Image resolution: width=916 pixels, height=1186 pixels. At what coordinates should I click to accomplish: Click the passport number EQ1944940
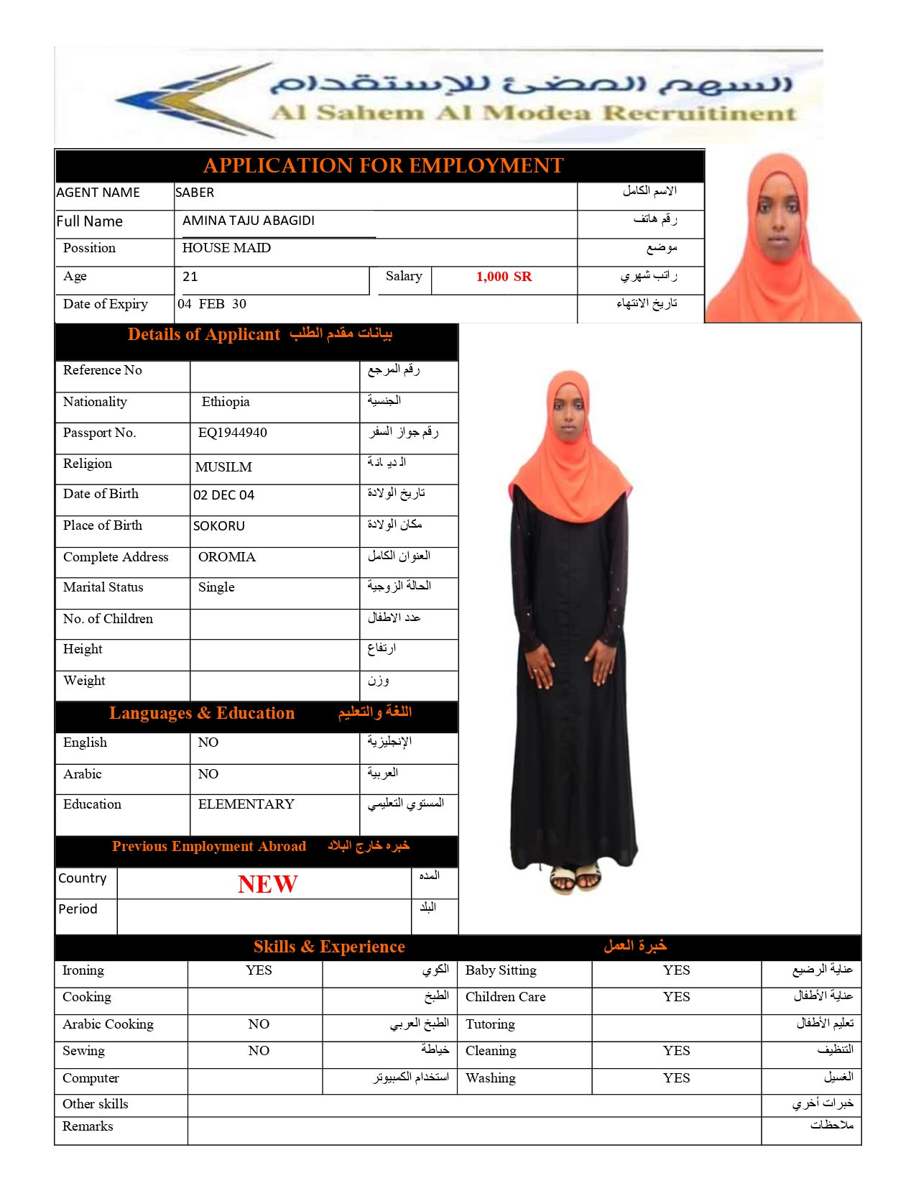click(x=232, y=433)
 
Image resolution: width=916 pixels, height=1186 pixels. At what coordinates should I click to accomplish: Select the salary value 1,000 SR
click(x=504, y=277)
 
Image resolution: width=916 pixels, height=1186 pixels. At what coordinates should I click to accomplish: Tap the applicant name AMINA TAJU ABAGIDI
click(x=248, y=221)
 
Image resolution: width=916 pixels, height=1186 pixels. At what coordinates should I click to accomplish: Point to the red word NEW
click(x=267, y=884)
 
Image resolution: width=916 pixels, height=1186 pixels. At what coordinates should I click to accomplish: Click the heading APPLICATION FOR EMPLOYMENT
click(x=383, y=166)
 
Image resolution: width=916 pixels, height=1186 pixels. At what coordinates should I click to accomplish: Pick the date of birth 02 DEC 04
click(x=223, y=495)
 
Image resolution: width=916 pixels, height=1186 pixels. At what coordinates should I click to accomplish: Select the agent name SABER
click(x=195, y=193)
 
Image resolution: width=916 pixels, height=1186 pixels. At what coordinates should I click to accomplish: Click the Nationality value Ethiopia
click(x=226, y=402)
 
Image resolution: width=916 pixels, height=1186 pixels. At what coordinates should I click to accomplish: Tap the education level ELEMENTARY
click(x=246, y=804)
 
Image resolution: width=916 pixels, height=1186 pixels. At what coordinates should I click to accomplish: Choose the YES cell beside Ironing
click(x=259, y=970)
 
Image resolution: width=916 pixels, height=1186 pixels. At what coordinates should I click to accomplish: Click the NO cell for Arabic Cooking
click(x=259, y=1024)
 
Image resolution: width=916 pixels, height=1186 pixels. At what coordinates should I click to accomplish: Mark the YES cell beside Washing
click(x=676, y=1078)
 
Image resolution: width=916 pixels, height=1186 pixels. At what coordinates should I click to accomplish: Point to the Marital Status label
click(x=103, y=587)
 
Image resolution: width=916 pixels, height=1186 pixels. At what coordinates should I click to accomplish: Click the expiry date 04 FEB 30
click(x=212, y=304)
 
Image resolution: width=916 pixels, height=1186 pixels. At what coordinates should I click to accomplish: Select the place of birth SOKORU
click(x=218, y=526)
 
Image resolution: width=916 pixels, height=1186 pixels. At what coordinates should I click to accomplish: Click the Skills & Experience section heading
click(x=329, y=947)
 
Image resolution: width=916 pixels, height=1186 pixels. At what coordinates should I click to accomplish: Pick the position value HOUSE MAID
click(x=226, y=248)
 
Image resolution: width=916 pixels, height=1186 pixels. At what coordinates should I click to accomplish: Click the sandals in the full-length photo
click(x=575, y=878)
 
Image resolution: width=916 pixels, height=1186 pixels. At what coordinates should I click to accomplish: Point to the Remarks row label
click(x=88, y=1126)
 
